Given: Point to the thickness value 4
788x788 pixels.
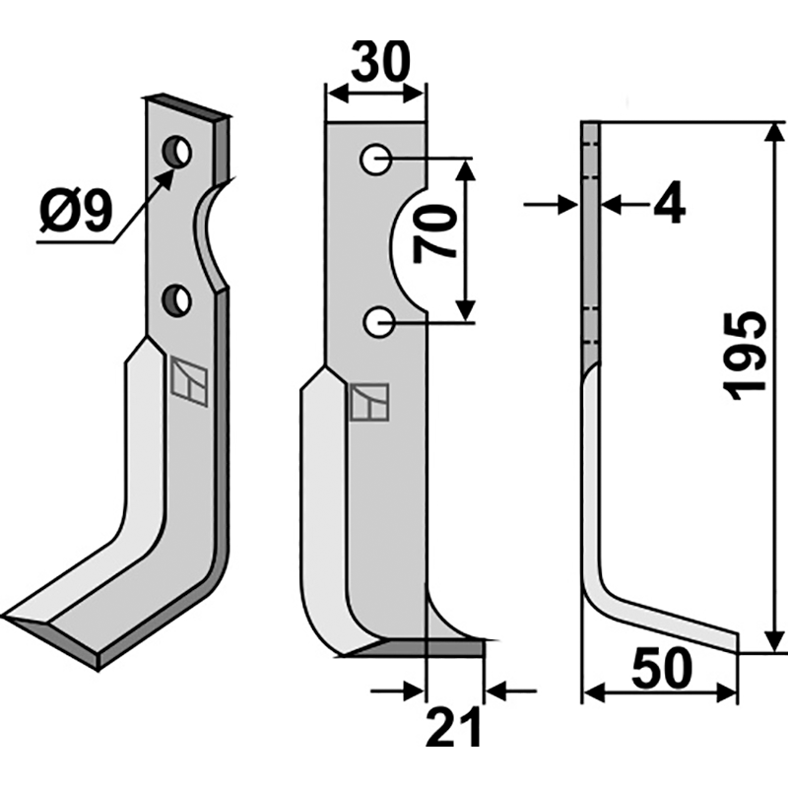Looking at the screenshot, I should pos(670,205).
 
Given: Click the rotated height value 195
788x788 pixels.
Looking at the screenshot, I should pos(747,355).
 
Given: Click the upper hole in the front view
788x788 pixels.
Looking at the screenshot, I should pos(376,159).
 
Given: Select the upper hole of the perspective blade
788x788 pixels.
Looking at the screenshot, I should pos(178,152).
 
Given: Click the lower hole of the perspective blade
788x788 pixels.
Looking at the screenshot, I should pos(178,299).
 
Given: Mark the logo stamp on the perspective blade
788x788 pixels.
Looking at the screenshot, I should pos(188,379).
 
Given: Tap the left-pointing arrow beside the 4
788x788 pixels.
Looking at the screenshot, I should pos(611,205).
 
